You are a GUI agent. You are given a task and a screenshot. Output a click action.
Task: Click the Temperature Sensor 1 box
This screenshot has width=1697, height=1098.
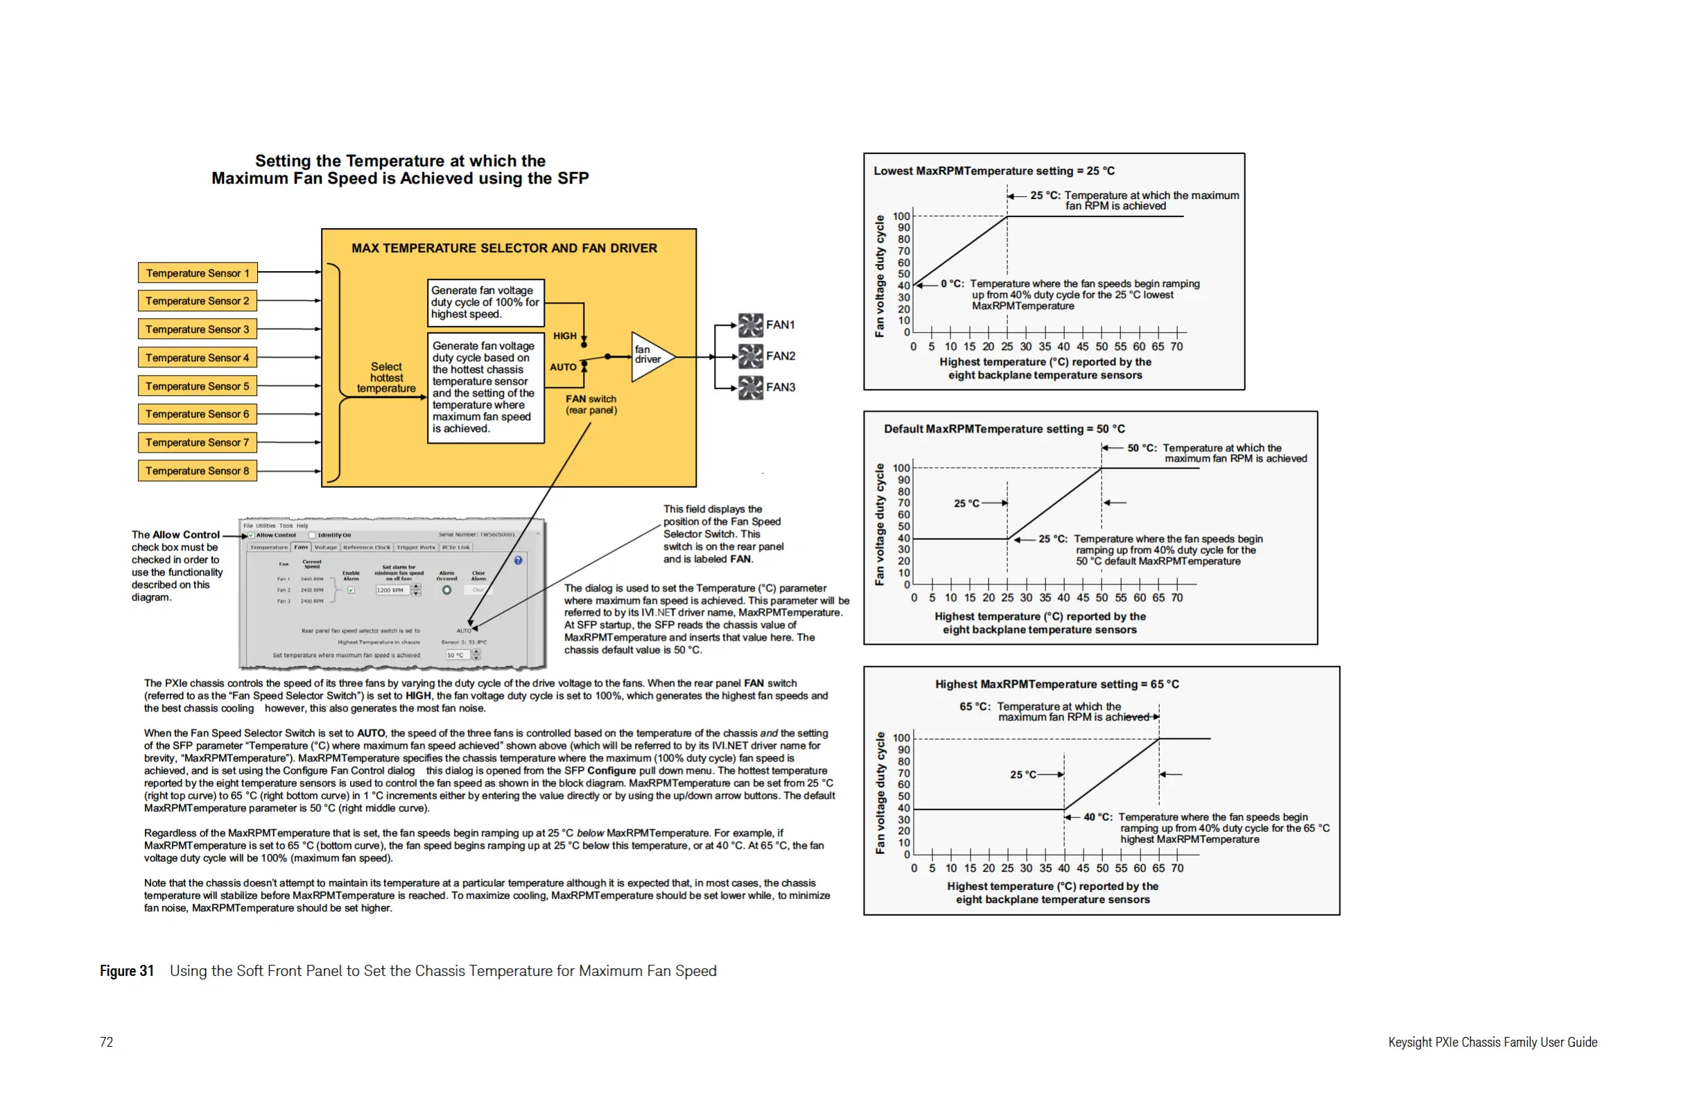[198, 273]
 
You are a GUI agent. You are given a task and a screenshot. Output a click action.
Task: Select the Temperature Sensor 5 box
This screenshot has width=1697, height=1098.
[198, 386]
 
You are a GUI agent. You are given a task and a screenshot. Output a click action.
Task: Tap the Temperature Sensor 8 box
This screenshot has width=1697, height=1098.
[198, 471]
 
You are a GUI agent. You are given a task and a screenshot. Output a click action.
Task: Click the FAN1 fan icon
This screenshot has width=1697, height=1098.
[750, 325]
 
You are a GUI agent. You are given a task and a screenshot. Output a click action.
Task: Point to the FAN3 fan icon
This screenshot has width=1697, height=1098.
[750, 388]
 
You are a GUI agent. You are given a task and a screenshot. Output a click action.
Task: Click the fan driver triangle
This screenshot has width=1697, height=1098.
[650, 356]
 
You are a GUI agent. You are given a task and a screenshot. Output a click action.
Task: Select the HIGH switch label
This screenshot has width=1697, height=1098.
[565, 335]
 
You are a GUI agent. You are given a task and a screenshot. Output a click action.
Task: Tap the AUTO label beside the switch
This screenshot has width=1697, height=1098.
[563, 367]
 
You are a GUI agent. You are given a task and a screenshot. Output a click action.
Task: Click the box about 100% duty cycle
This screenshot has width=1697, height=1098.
[485, 302]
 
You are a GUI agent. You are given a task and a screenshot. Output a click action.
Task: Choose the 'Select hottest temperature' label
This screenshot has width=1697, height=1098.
[385, 377]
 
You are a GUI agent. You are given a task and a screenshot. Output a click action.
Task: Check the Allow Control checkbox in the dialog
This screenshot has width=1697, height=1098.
[251, 534]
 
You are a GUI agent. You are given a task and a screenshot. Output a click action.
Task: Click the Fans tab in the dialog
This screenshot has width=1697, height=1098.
[301, 548]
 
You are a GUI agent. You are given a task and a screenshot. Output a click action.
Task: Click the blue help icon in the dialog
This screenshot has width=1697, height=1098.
[519, 560]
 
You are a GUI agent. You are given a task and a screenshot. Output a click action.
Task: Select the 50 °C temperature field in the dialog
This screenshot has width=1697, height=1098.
[456, 655]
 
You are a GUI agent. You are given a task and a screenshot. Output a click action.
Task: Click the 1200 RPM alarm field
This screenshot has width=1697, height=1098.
[392, 591]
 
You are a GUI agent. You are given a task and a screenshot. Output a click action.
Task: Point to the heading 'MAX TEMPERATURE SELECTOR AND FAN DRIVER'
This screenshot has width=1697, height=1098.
[504, 248]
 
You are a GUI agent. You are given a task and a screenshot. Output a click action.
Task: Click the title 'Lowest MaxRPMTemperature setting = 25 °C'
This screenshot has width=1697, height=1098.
[994, 171]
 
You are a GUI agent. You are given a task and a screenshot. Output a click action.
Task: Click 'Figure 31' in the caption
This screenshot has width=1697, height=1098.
[127, 971]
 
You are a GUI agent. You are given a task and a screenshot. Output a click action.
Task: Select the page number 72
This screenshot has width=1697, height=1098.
[106, 1043]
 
